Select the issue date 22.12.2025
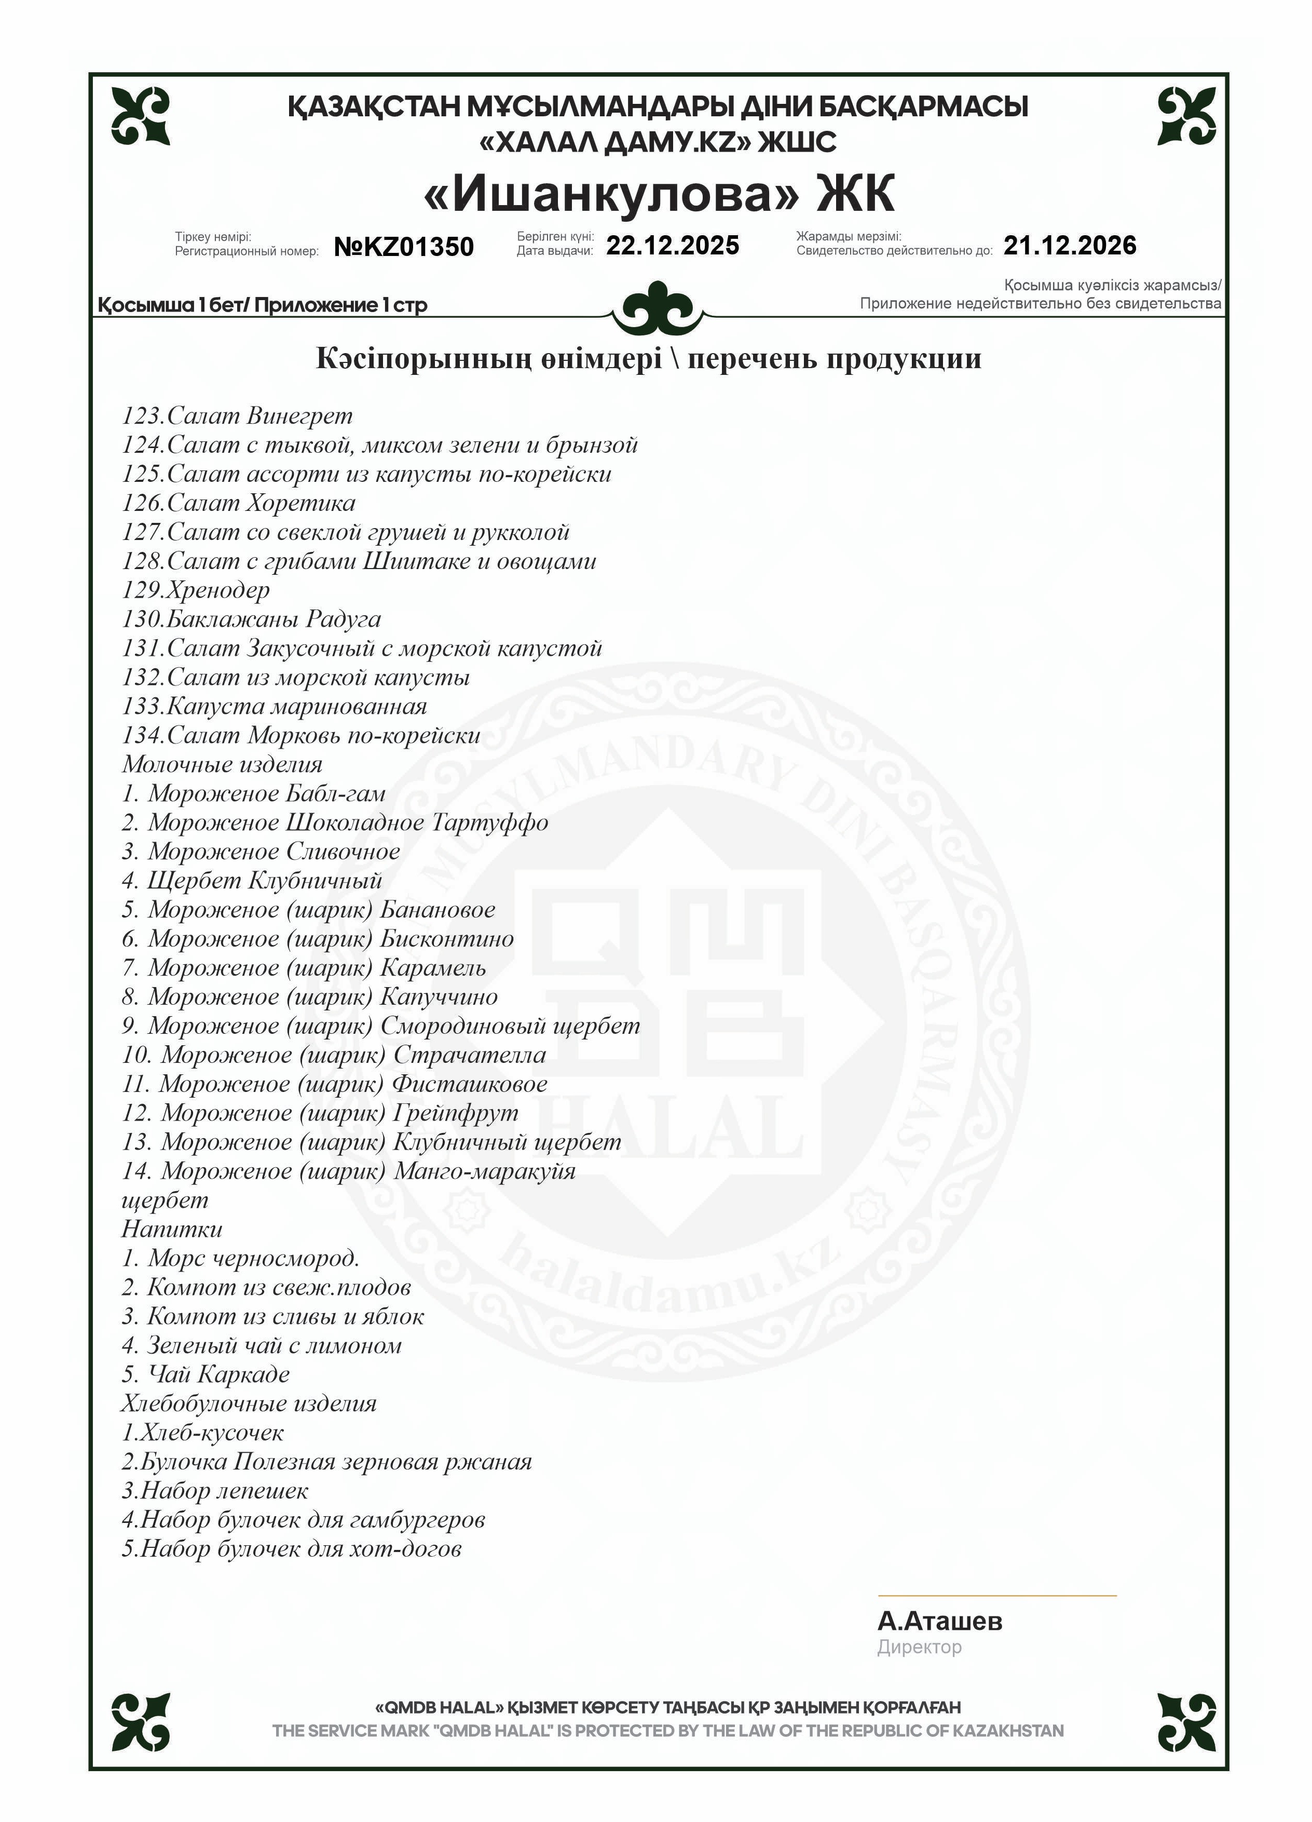tap(672, 245)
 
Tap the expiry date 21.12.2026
tap(1070, 245)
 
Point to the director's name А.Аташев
tap(939, 1621)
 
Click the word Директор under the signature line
tap(919, 1648)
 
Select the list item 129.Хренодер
tap(196, 590)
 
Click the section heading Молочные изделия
tap(222, 765)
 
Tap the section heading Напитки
tap(172, 1229)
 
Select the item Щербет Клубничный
tap(252, 881)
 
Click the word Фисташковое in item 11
tap(470, 1085)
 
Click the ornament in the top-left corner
tap(141, 116)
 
